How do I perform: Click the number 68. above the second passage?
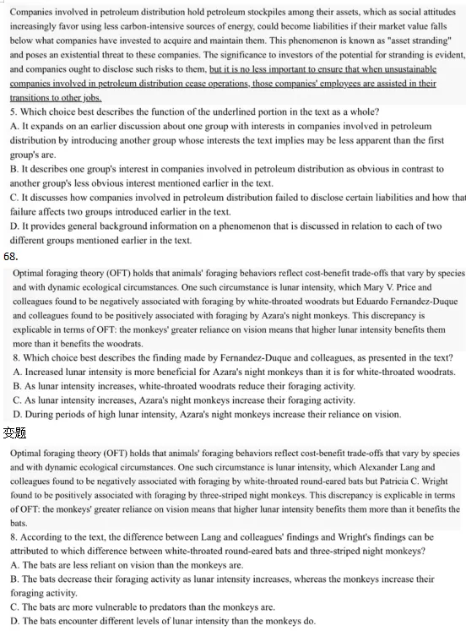(x=10, y=255)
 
